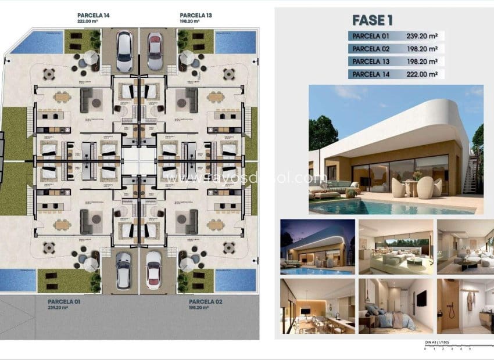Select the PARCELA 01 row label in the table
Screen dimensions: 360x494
pos(370,35)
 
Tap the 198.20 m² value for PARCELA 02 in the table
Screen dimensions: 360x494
pos(424,48)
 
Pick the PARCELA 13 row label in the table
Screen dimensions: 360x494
pos(370,61)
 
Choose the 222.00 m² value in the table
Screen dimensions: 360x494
pos(424,74)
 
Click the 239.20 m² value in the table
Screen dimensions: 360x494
pos(424,35)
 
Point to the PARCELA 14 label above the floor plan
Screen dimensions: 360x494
pos(93,16)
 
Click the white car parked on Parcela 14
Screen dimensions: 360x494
pos(124,51)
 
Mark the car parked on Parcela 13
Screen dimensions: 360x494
pos(154,51)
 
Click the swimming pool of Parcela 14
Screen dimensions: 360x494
pos(37,42)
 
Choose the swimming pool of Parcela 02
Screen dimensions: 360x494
pos(235,280)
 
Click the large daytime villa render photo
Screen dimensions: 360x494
pos(396,150)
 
